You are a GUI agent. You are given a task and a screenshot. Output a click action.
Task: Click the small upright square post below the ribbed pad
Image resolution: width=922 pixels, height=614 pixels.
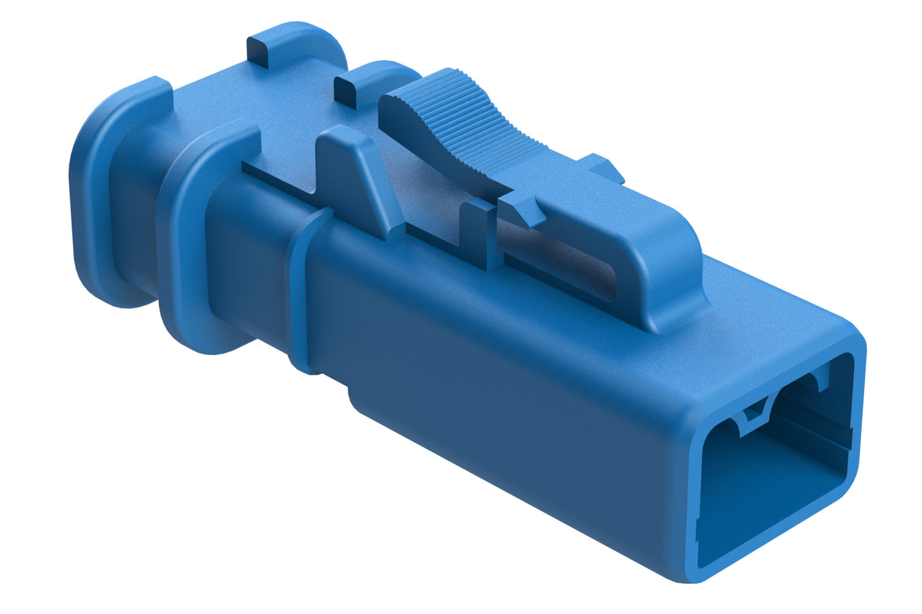(482, 230)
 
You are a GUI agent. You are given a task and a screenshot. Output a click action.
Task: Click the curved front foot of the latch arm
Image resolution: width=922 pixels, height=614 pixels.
(670, 281)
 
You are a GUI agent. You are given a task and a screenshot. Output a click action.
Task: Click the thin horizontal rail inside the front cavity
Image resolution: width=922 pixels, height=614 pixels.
(810, 434)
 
